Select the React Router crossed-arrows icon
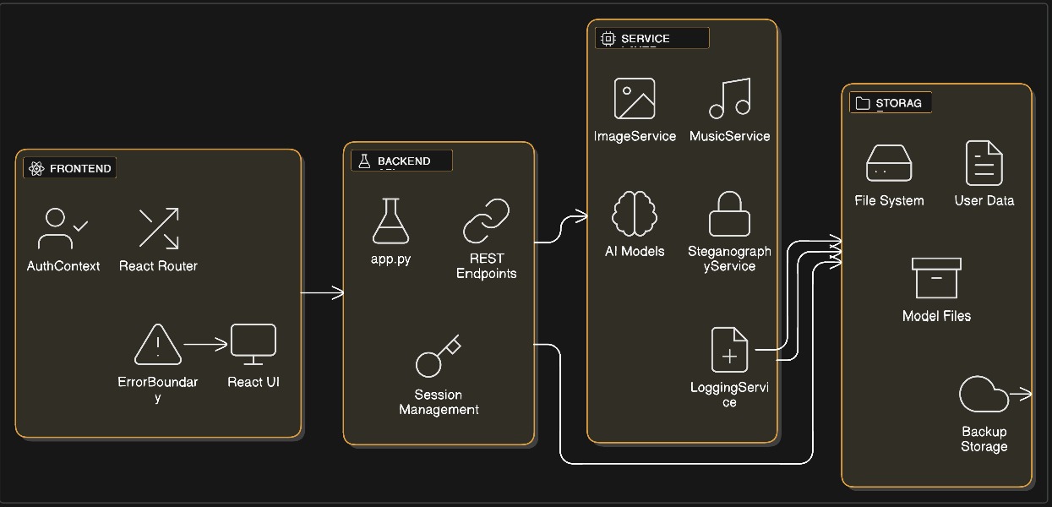coord(159,228)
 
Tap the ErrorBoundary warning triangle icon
coord(157,345)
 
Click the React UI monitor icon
coord(253,345)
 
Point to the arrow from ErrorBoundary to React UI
coord(205,344)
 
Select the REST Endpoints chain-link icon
coord(487,221)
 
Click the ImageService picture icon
coord(635,99)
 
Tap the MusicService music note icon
coord(730,99)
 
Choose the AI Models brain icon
coord(635,214)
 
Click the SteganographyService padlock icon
coord(729,214)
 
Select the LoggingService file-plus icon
coord(729,350)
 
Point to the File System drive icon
coord(889,163)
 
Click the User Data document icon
coord(984,163)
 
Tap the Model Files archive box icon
coord(936,278)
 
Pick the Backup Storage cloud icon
coord(984,395)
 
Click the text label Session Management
coord(439,402)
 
